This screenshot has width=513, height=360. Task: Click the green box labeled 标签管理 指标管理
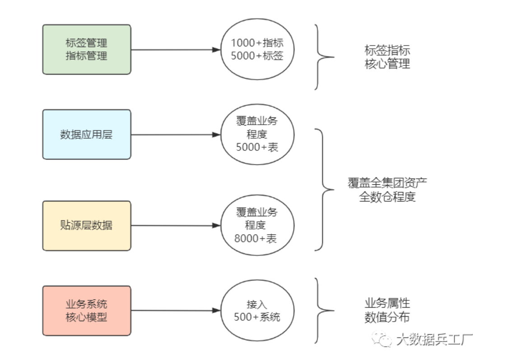tap(87, 50)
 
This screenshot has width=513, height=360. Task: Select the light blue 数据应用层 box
tap(87, 134)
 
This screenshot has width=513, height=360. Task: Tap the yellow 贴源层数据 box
tap(87, 225)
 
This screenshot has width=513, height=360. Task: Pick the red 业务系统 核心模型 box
tap(87, 311)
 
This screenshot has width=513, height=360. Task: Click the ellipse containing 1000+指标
tap(257, 49)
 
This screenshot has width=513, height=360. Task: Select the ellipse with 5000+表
tap(257, 134)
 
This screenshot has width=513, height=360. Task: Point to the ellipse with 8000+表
tap(257, 225)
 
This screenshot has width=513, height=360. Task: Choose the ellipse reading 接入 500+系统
tap(257, 311)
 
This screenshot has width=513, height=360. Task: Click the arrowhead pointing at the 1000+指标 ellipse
tap(216, 50)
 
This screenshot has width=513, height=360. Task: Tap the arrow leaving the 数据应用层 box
tap(172, 134)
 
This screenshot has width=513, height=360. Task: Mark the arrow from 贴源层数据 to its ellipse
tap(172, 225)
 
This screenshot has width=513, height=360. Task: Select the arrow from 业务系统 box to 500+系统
tap(172, 311)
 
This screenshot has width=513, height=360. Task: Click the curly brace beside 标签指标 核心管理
tap(322, 57)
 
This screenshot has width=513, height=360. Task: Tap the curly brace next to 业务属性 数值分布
tap(322, 310)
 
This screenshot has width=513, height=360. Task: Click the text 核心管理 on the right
tap(387, 64)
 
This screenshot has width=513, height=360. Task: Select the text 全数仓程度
tap(387, 197)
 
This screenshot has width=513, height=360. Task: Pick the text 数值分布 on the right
tap(387, 318)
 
